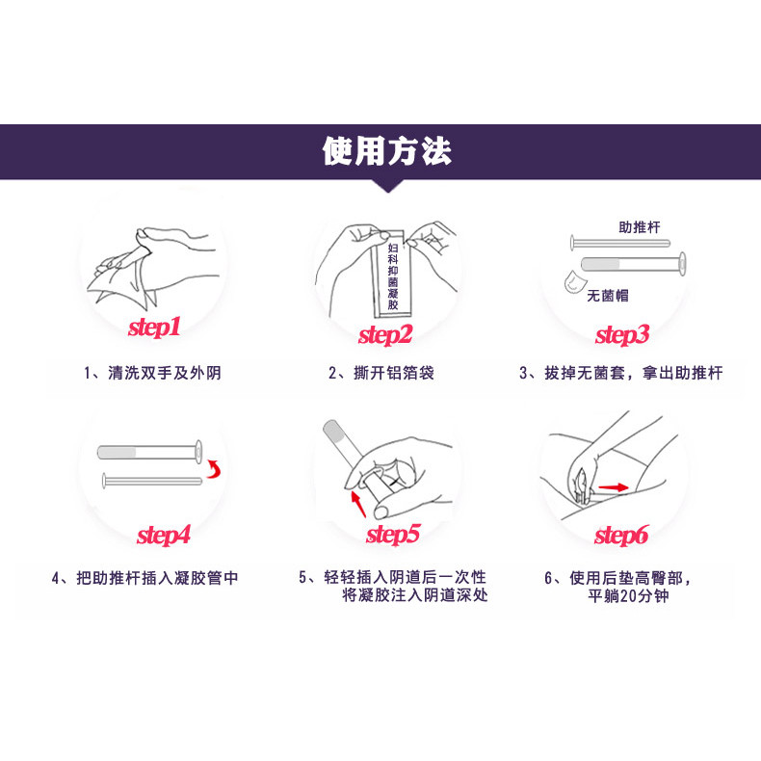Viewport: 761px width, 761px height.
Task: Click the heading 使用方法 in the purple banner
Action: [x=387, y=151]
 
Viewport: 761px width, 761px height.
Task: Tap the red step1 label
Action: [x=154, y=327]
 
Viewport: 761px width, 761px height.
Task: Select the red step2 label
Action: [x=385, y=335]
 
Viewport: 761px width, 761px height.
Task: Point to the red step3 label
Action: [x=622, y=335]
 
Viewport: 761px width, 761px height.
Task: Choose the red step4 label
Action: [x=164, y=536]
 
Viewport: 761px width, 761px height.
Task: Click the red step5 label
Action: [x=393, y=535]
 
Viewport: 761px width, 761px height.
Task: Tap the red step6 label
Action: [x=621, y=536]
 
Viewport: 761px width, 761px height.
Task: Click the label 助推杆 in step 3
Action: [x=640, y=227]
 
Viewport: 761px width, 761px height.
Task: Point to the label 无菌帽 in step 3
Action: [x=608, y=295]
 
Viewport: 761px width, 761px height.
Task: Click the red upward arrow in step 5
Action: [x=358, y=504]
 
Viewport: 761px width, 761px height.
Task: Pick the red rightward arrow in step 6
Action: [x=614, y=487]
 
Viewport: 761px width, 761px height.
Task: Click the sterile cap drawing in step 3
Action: [x=575, y=281]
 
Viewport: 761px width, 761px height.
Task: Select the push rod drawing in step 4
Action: [x=152, y=481]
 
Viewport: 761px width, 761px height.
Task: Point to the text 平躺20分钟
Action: [x=628, y=595]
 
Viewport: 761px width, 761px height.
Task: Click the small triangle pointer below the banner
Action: [x=388, y=186]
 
